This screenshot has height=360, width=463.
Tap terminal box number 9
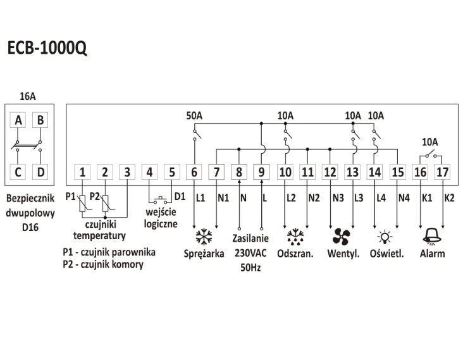coord(261,171)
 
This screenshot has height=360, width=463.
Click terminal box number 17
coord(442,171)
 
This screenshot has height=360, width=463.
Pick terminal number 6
coord(194,171)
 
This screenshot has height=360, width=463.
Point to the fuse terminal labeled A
coord(18,120)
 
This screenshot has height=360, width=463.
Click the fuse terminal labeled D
coord(40,171)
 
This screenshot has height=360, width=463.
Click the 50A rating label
coord(195,116)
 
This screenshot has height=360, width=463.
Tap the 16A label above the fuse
coord(28,96)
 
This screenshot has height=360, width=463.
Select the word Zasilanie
coord(250,239)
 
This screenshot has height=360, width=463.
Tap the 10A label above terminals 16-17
coord(430,142)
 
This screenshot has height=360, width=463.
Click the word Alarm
coord(432,254)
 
